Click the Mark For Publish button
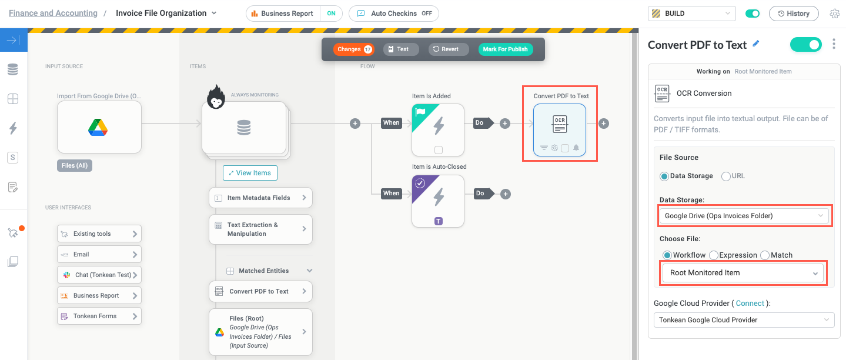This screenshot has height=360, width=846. (505, 49)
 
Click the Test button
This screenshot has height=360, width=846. (401, 49)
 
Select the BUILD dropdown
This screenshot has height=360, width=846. (691, 14)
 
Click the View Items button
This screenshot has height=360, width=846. (250, 173)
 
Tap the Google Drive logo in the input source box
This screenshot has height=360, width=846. (99, 127)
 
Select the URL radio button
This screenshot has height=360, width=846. (726, 176)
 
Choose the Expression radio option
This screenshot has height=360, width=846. (714, 255)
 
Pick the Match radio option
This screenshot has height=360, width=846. (765, 255)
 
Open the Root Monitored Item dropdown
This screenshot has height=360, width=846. (743, 273)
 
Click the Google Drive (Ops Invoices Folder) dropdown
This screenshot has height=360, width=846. (744, 216)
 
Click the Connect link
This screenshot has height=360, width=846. (750, 304)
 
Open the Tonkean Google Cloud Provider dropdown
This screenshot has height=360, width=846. (744, 320)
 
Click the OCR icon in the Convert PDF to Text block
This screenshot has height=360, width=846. (559, 124)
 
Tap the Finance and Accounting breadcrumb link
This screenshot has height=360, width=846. (53, 13)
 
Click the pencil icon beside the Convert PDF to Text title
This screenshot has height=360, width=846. (756, 44)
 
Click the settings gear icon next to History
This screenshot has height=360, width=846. (834, 14)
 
